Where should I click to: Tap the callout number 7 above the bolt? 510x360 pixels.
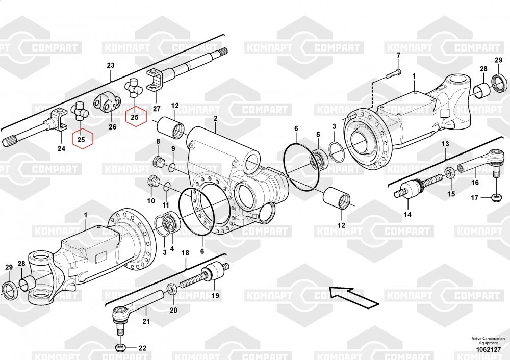[x=398, y=55]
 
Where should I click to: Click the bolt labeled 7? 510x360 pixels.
[x=392, y=73]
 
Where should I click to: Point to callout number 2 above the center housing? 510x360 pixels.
[x=216, y=118]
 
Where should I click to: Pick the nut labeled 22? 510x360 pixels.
[x=120, y=348]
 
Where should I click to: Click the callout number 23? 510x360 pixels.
[x=111, y=65]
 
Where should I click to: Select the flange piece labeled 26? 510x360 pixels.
[x=106, y=105]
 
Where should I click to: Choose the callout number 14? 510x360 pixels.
[x=407, y=215]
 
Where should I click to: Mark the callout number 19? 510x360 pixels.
[x=215, y=296]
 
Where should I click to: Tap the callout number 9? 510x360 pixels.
[x=173, y=149]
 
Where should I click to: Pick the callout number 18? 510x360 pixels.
[x=186, y=253]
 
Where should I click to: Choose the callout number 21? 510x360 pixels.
[x=146, y=321]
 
